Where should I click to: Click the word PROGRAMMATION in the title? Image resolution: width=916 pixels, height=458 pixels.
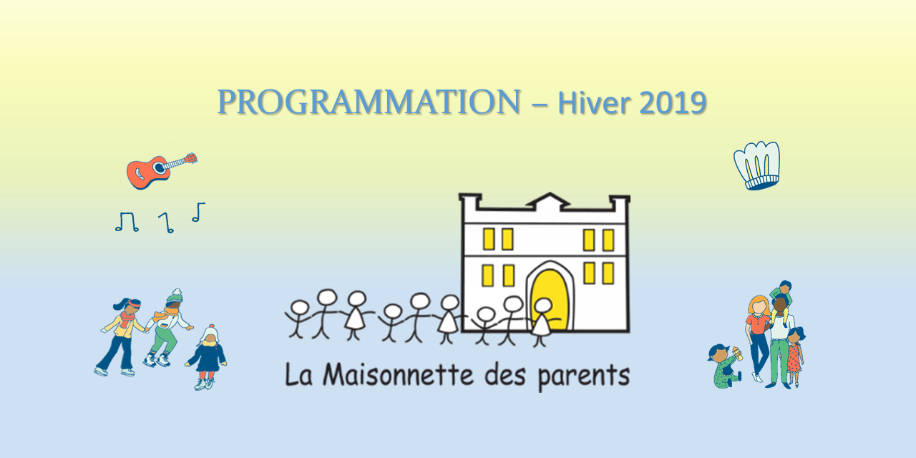tap(369, 103)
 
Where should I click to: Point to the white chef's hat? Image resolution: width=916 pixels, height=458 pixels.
tap(757, 165)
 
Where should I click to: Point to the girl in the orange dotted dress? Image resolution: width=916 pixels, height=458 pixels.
tap(794, 355)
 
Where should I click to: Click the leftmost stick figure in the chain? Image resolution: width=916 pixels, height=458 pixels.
tap(298, 319)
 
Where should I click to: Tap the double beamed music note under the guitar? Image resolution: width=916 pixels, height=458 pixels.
tap(126, 222)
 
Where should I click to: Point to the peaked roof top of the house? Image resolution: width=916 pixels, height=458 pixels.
tap(547, 198)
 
